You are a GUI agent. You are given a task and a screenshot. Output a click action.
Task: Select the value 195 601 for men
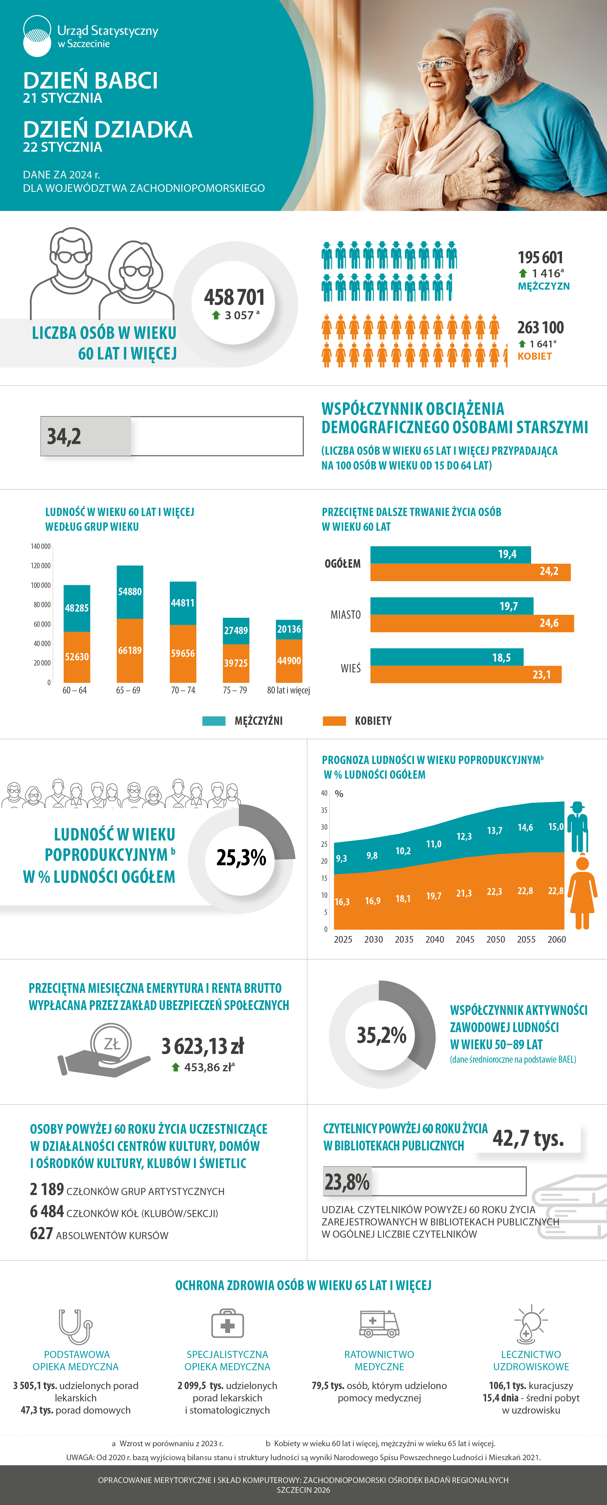click(540, 258)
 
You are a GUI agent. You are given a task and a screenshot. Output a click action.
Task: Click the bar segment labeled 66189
click(129, 650)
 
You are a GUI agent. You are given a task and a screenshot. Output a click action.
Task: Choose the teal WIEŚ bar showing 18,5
click(446, 657)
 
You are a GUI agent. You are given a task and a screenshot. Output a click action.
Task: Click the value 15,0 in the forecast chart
click(556, 827)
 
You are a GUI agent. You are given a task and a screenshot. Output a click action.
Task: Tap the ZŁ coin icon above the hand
click(111, 1043)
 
